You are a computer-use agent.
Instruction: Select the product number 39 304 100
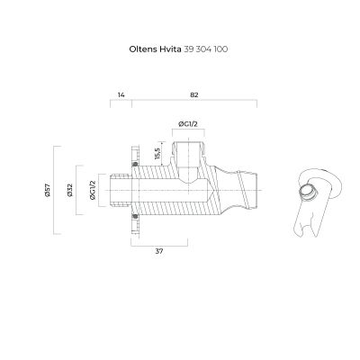[x=205, y=49]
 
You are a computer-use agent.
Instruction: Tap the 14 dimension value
[x=121, y=95]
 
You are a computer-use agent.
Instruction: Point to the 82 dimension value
[x=194, y=95]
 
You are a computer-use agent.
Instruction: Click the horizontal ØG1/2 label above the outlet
[x=188, y=124]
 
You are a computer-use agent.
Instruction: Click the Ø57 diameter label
[x=48, y=190]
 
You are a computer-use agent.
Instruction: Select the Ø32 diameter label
[x=70, y=190]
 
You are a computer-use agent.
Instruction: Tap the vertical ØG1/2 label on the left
[x=93, y=190]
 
